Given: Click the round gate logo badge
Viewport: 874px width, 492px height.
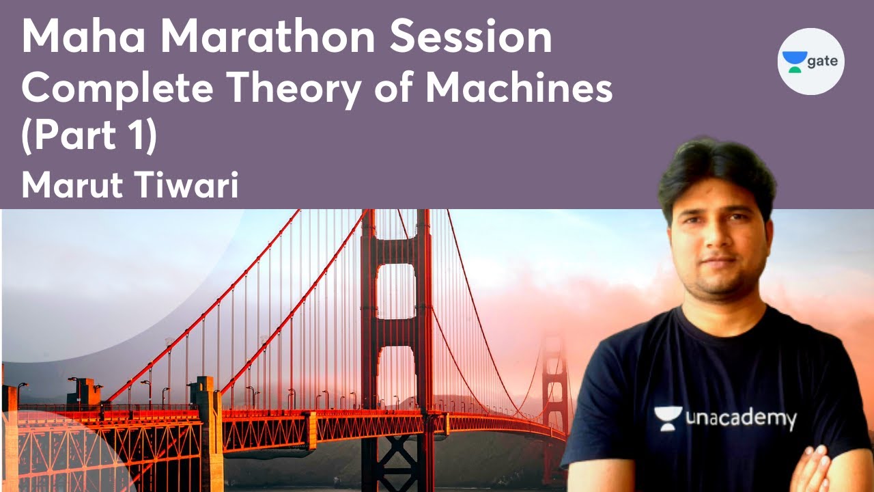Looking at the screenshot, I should click(x=811, y=61).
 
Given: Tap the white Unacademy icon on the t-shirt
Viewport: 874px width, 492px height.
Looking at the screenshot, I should click(x=667, y=418).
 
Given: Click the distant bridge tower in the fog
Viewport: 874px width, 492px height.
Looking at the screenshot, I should click(x=554, y=383).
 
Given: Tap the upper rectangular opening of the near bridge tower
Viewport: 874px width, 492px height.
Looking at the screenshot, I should click(x=395, y=290).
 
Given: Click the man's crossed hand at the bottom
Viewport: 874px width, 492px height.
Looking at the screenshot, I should click(x=816, y=471).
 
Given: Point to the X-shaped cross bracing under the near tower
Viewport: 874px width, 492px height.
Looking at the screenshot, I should click(x=395, y=465).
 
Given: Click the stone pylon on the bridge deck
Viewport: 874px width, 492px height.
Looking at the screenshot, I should click(x=208, y=430).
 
